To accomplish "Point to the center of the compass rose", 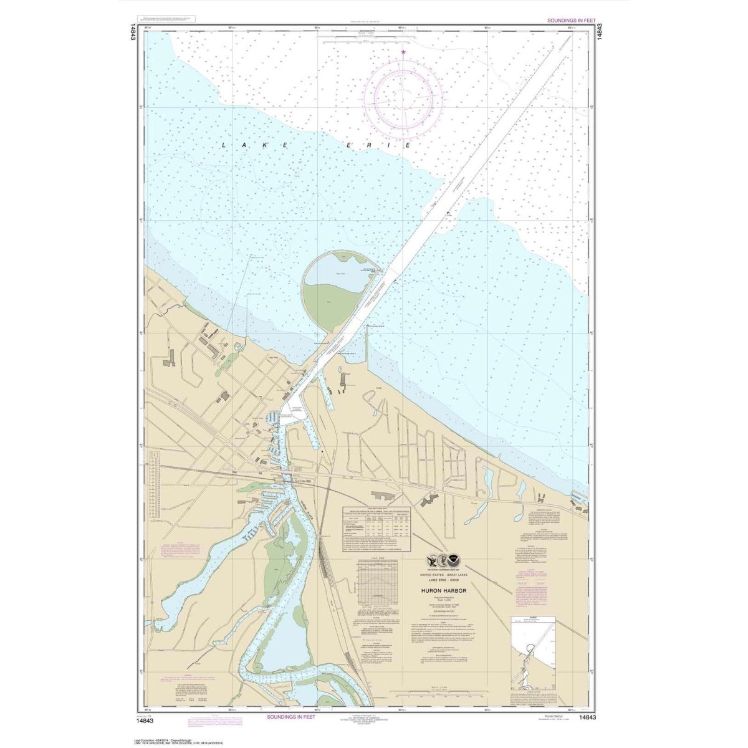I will [x=404, y=97].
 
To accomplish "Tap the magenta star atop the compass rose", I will [x=404, y=52].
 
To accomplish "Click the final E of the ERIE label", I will [x=408, y=145].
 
